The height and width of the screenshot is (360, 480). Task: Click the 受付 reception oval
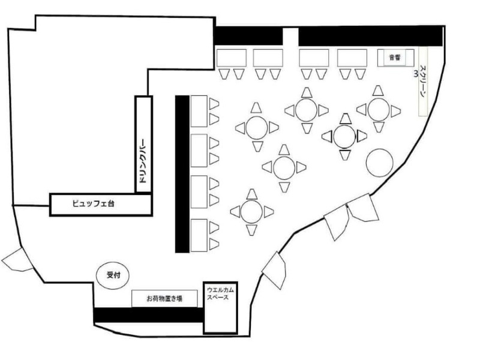113,275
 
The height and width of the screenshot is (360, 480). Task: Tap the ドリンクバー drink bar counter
143,145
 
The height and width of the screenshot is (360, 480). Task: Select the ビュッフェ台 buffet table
101,205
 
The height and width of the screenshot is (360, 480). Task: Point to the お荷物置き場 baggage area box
164,298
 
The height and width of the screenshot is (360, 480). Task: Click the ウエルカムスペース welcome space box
220,308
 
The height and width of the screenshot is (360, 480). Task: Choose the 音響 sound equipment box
395,57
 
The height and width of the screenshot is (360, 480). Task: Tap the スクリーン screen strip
423,82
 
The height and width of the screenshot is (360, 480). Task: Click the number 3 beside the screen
415,74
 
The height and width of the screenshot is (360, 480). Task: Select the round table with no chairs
380,163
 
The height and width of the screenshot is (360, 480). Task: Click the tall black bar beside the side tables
182,174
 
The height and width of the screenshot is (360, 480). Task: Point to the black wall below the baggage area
148,315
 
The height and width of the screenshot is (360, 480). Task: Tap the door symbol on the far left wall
17,260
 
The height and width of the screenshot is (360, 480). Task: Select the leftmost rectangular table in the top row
232,58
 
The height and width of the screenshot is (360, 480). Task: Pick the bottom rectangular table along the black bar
199,235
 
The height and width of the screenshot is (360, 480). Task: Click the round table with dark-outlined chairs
344,137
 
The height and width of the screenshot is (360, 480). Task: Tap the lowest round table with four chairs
251,212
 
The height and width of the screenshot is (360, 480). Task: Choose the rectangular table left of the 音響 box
352,58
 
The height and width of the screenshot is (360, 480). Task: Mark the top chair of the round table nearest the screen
378,91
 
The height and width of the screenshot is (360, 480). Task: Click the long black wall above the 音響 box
370,37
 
